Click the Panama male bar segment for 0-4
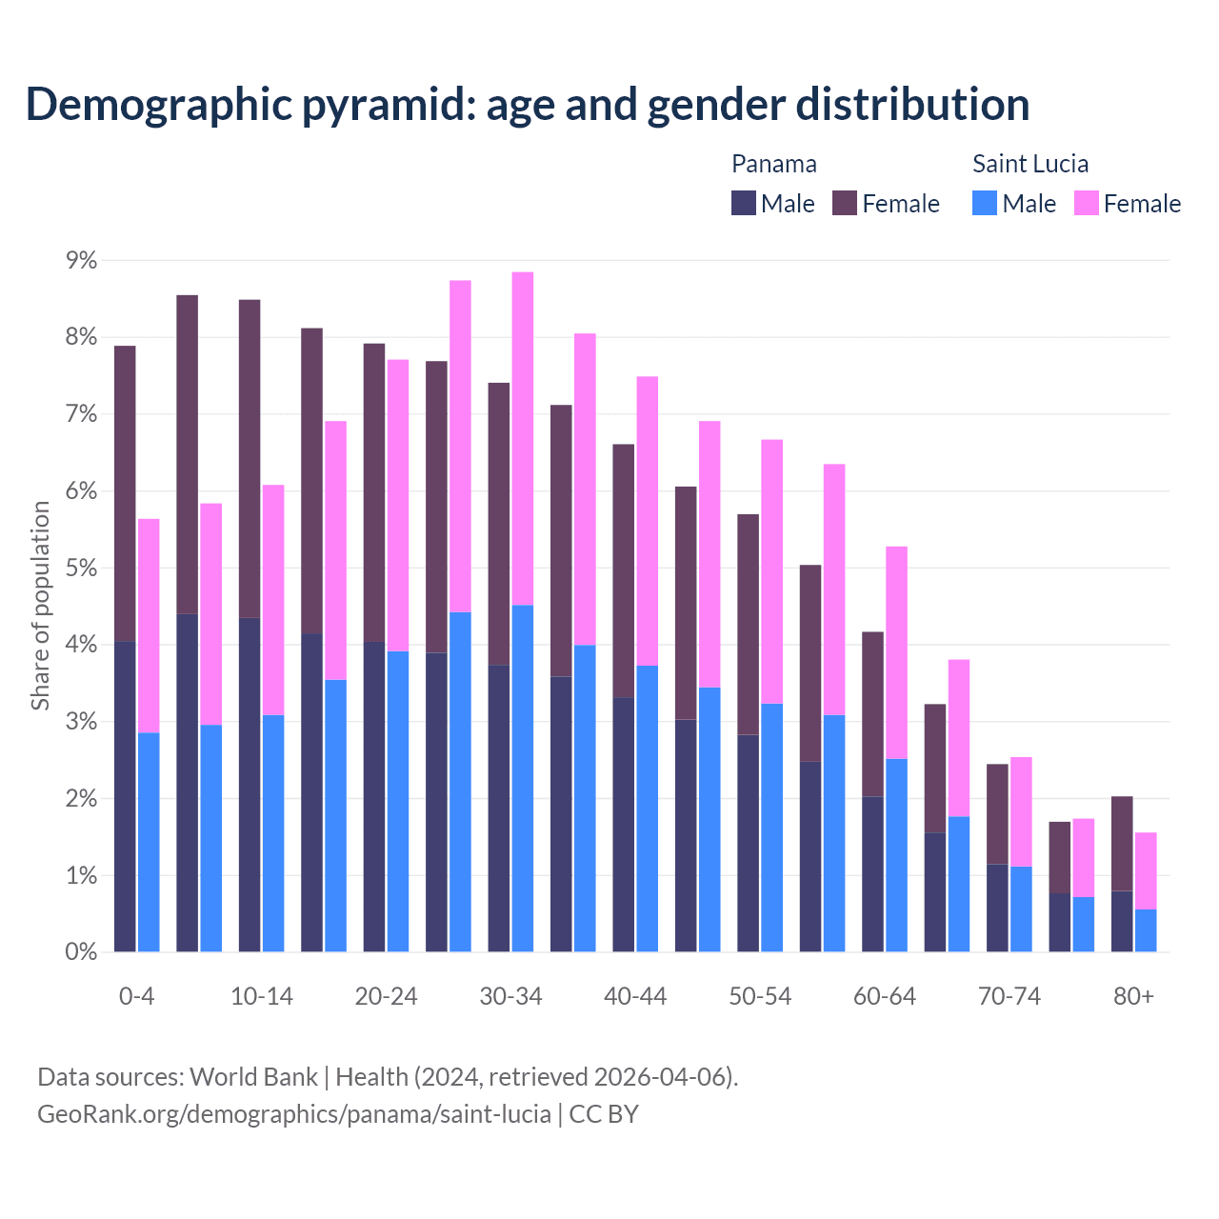tap(125, 796)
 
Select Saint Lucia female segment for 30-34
tap(523, 438)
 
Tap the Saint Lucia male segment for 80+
tap(1146, 930)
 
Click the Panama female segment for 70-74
tap(997, 814)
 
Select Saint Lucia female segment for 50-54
tap(772, 571)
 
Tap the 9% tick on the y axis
tap(81, 261)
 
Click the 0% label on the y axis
tap(81, 952)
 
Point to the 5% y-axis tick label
tap(81, 569)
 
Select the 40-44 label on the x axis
tap(635, 997)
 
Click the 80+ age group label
tap(1133, 997)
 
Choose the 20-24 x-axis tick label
tap(386, 997)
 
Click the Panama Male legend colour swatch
tap(744, 203)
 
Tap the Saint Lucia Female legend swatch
tap(1087, 203)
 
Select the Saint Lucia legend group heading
tap(1030, 164)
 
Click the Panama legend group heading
tap(774, 164)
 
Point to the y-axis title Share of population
tap(41, 606)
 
